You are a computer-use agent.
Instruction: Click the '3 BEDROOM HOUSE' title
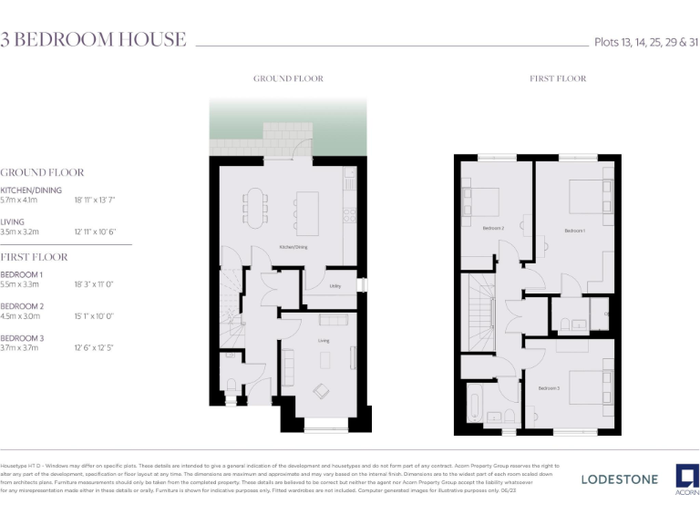(93, 39)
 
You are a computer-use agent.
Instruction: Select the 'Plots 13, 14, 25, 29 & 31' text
(646, 42)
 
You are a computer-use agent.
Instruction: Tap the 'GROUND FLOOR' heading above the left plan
(288, 79)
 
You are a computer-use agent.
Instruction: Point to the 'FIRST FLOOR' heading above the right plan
(558, 79)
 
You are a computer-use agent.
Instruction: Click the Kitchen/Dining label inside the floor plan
(293, 248)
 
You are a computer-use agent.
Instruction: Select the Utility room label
(335, 286)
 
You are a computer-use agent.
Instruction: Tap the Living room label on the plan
(324, 341)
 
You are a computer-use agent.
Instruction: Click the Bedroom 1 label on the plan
(573, 231)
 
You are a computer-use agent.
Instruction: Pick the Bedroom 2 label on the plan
(493, 228)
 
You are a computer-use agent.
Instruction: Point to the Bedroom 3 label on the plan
(548, 388)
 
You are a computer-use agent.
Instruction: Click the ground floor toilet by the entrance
(231, 384)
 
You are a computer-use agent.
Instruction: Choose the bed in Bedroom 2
(483, 200)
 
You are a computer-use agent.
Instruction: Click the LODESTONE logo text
(619, 479)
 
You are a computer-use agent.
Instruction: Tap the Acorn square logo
(686, 476)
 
